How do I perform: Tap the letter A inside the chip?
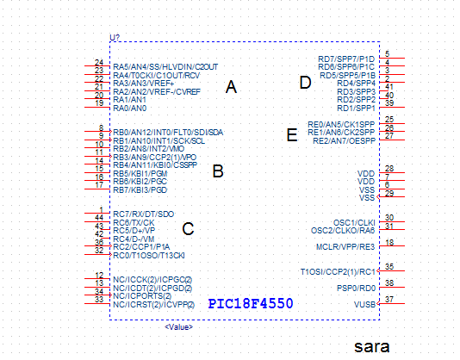(230, 87)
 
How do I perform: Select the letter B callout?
(219, 171)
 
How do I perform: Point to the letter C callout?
(188, 229)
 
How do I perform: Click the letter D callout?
(304, 83)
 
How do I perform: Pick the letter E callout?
(291, 134)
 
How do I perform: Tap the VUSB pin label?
(364, 304)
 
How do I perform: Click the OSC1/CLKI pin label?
(354, 222)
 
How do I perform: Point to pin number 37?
(389, 299)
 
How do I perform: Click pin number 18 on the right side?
(389, 242)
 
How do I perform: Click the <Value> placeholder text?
(178, 327)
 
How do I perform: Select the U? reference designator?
(115, 36)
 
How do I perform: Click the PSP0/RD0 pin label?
(356, 288)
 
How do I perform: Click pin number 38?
(389, 282)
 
